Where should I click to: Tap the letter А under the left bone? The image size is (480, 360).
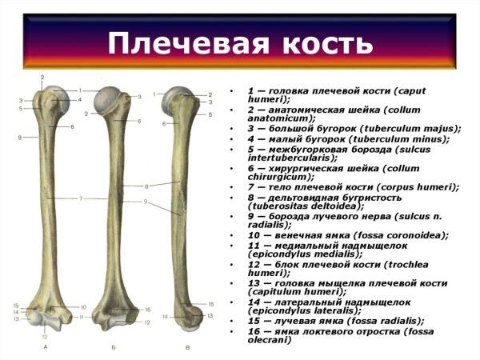point(45,346)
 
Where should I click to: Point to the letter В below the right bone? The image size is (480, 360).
point(186,346)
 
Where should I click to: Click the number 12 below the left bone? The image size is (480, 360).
point(44,337)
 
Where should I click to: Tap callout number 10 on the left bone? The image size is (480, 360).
point(82,307)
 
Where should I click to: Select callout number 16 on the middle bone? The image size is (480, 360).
point(147,309)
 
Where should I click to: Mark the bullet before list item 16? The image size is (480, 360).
point(230,331)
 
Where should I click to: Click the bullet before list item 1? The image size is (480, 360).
point(230,92)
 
